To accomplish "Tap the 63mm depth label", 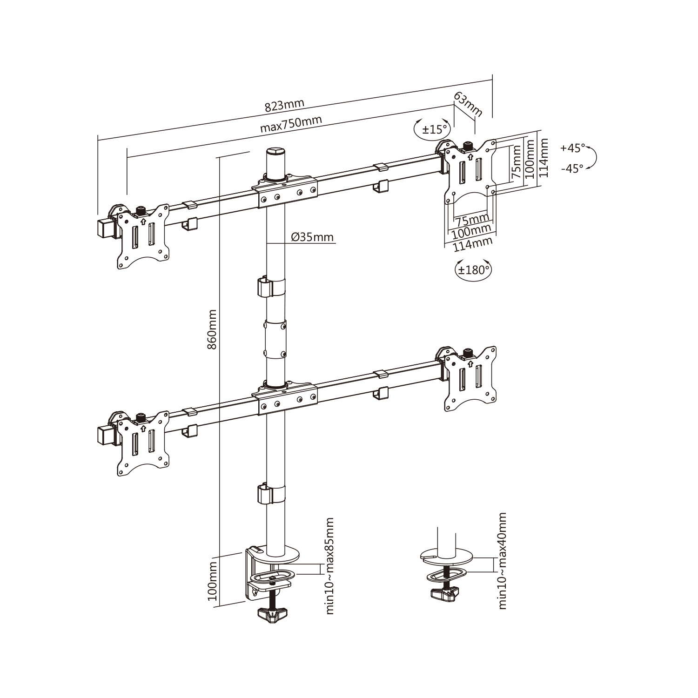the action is coord(468,105).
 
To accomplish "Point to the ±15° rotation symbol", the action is coord(433,129).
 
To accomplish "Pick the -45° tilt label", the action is coord(572,169).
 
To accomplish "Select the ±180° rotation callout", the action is coord(472,269).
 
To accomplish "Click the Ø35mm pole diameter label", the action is coord(313,237).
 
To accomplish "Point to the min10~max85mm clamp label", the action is coord(330,565).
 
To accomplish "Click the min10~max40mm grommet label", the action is coord(502,561).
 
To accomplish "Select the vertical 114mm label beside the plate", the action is coord(543,158).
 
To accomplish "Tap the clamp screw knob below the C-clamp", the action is coord(271,616).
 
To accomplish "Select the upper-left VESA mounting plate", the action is coord(142,236).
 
